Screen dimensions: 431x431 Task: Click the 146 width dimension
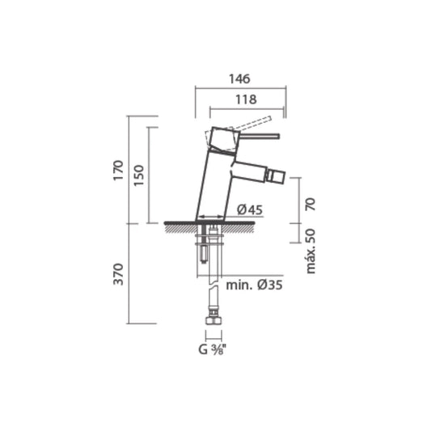tap(240, 79)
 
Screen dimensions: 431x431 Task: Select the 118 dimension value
tap(247, 99)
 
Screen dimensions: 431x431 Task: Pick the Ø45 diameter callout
tap(251, 210)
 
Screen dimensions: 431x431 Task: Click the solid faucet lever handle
tap(257, 137)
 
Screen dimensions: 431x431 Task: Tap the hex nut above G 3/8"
tap(213, 327)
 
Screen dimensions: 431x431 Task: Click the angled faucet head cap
tap(220, 139)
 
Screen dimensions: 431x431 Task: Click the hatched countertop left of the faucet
tap(180, 226)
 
